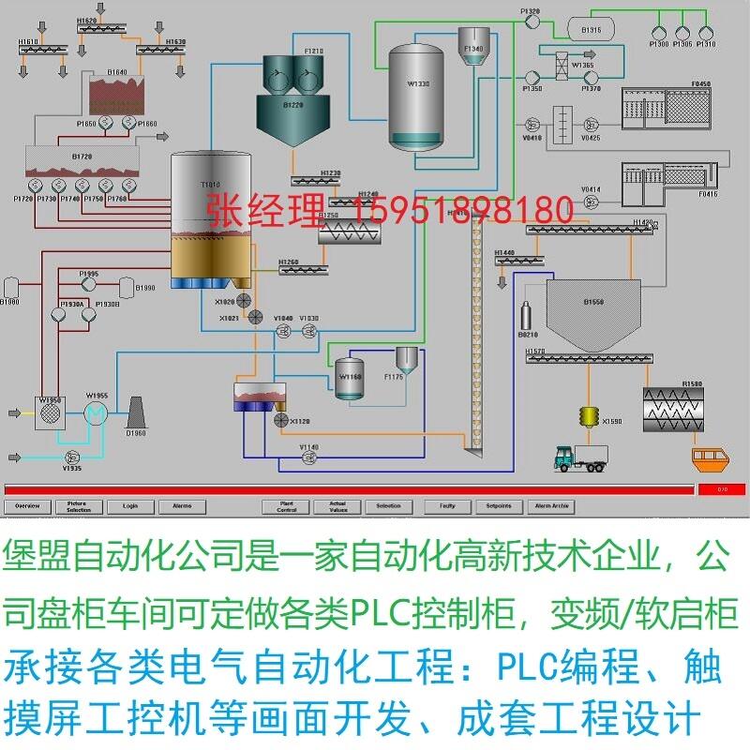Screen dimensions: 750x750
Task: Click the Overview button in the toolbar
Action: click(27, 506)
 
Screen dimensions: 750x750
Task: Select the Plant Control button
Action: click(287, 507)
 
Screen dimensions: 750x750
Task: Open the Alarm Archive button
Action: click(551, 506)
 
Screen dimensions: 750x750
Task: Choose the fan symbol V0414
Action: click(591, 202)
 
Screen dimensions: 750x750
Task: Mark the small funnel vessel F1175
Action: click(405, 361)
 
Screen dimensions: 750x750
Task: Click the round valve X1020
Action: click(244, 299)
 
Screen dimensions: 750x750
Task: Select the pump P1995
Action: click(88, 285)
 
